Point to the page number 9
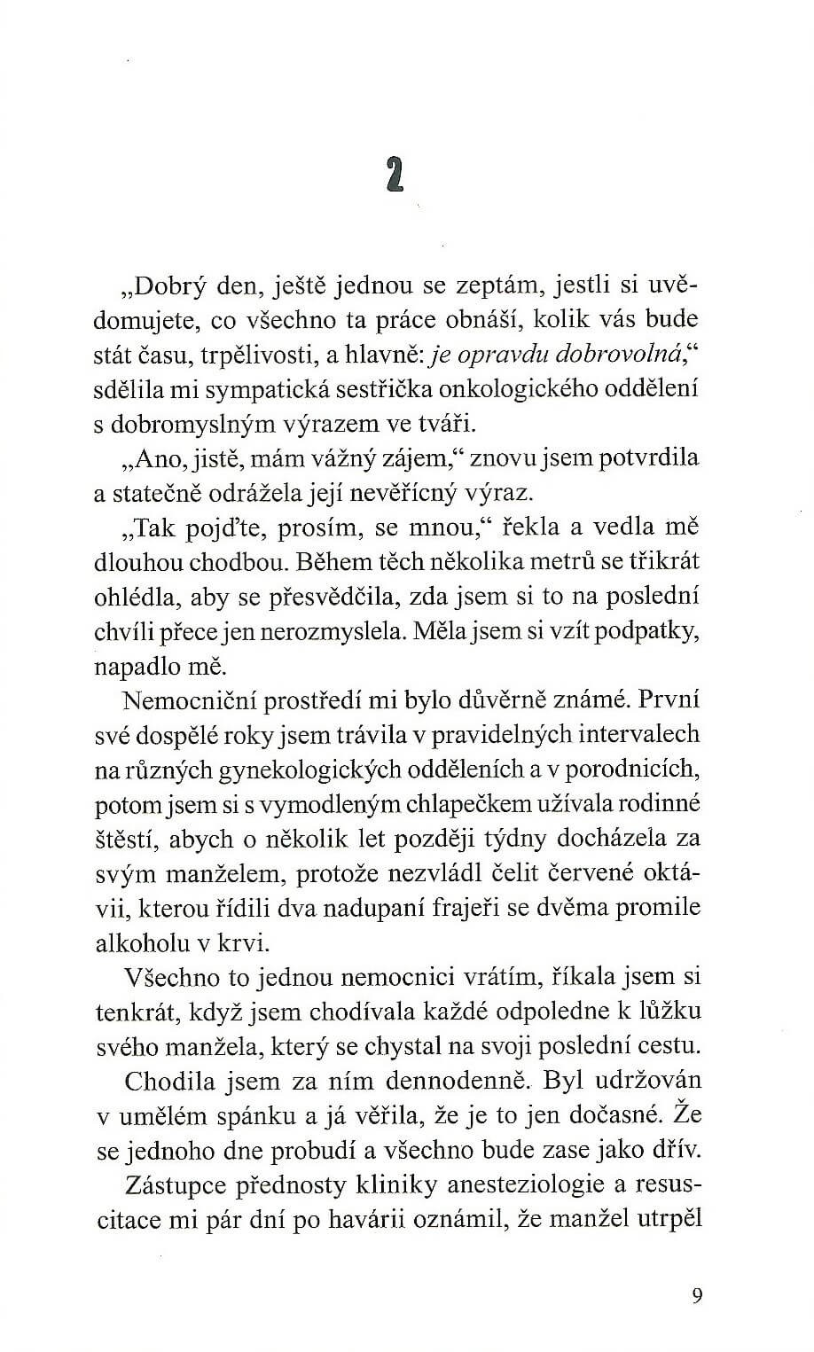point(696,1296)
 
